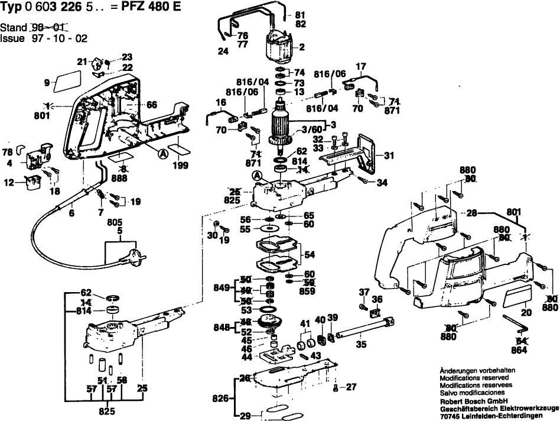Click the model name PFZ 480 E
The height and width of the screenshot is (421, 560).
point(151,7)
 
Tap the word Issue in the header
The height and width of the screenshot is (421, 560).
point(12,37)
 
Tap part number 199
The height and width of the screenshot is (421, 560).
point(180,166)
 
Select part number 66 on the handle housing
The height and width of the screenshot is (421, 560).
point(152,105)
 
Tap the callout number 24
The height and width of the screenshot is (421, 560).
point(223,51)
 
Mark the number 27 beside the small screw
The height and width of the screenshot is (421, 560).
point(351,387)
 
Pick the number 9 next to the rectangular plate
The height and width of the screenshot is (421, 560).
point(47,83)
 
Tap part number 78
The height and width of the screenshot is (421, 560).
point(7,151)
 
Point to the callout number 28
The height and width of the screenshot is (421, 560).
point(471,212)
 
